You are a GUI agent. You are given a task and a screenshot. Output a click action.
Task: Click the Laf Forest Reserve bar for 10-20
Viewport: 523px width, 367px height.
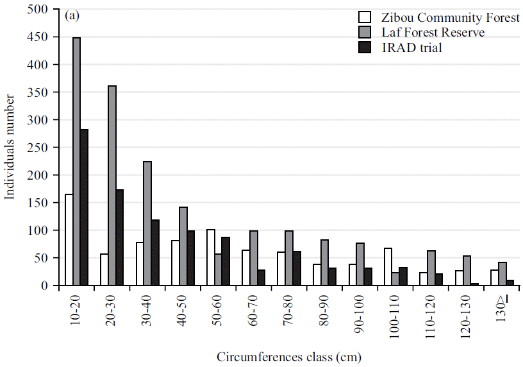(x=77, y=161)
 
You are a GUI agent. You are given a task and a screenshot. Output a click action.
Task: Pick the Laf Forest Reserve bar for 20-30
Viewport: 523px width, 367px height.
(x=112, y=185)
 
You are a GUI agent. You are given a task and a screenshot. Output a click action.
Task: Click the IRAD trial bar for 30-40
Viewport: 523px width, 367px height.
(x=155, y=252)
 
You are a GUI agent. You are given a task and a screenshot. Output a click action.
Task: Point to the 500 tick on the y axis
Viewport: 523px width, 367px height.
(x=38, y=10)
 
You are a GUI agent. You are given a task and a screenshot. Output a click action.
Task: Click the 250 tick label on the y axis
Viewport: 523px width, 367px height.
(x=38, y=148)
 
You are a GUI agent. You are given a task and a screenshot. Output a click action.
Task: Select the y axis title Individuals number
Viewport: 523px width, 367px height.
(x=10, y=148)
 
